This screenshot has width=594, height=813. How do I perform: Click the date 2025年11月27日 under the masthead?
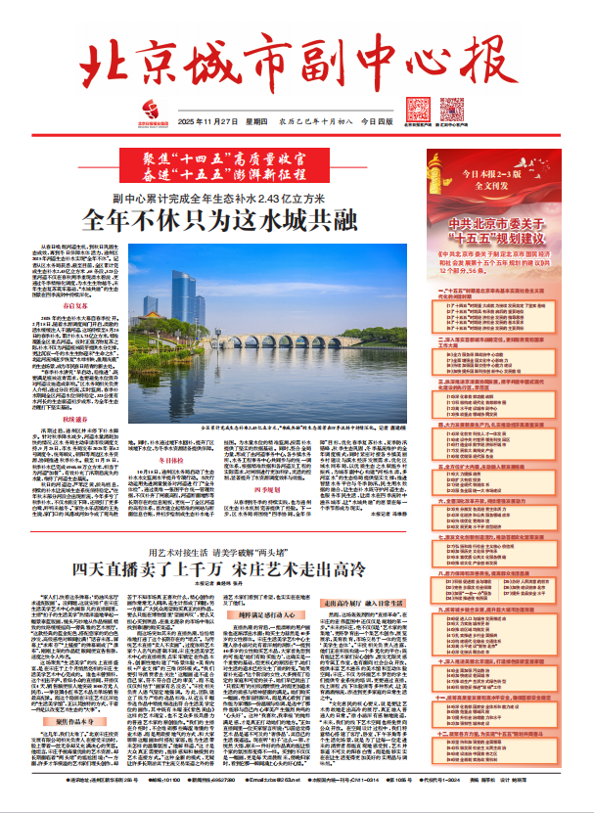(x=210, y=120)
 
